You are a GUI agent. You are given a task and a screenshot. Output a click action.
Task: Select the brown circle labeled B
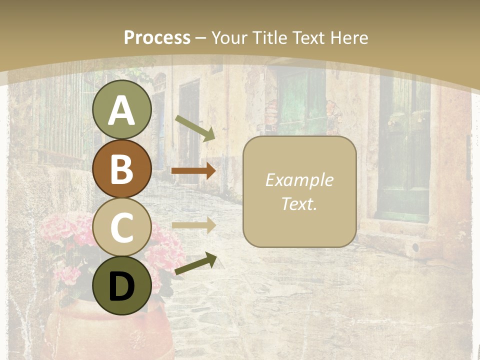click(x=121, y=168)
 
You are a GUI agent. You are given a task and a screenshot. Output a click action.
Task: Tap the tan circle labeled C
click(x=121, y=227)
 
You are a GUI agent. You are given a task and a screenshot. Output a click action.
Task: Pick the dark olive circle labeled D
click(x=121, y=285)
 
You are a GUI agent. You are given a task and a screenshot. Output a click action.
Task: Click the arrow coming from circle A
click(x=195, y=128)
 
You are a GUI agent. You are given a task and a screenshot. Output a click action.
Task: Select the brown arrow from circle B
click(x=193, y=170)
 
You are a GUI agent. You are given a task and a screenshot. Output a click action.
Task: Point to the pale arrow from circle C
click(x=193, y=225)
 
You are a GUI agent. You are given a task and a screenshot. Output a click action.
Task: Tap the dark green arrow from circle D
click(x=195, y=263)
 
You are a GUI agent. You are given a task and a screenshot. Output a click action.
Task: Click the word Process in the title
click(x=157, y=37)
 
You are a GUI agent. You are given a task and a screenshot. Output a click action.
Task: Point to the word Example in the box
click(x=299, y=180)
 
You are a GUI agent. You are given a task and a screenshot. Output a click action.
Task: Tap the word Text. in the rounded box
click(x=299, y=204)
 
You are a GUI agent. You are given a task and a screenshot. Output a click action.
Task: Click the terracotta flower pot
click(x=107, y=330)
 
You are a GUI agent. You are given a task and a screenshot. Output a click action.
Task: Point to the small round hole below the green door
click(x=415, y=247)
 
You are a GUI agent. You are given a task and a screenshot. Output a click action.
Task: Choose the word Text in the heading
click(x=307, y=37)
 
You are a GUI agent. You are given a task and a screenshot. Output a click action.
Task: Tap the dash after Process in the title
click(x=201, y=38)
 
